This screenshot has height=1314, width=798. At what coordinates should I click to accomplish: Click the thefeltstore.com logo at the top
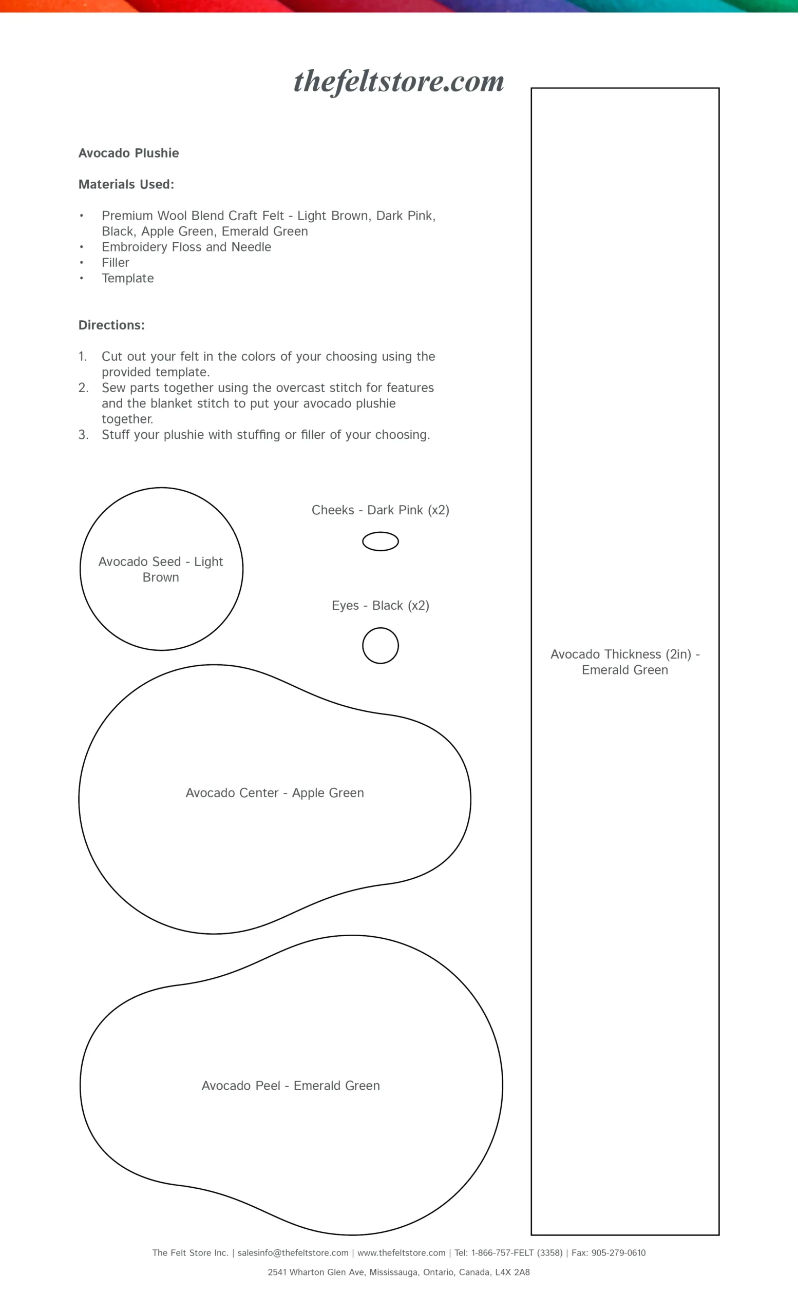pyautogui.click(x=398, y=82)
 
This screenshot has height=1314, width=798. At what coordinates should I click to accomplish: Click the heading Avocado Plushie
pyautogui.click(x=128, y=153)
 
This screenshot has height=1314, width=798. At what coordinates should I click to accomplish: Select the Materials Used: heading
pyautogui.click(x=126, y=184)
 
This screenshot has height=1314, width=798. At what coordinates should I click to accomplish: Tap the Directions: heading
pyautogui.click(x=111, y=325)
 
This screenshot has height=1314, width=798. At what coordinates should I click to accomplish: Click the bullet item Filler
pyautogui.click(x=115, y=263)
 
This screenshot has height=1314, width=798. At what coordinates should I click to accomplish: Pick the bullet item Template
pyautogui.click(x=127, y=278)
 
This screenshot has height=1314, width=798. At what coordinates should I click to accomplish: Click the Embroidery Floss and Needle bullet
pyautogui.click(x=186, y=247)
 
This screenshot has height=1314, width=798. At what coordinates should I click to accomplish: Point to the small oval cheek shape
pyautogui.click(x=381, y=542)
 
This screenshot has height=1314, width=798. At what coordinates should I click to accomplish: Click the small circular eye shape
pyautogui.click(x=381, y=645)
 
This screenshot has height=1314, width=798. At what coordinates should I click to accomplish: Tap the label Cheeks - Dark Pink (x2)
pyautogui.click(x=381, y=510)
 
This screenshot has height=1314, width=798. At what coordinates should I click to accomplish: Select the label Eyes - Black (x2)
pyautogui.click(x=381, y=605)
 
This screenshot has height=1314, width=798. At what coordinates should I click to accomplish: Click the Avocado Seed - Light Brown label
pyautogui.click(x=161, y=569)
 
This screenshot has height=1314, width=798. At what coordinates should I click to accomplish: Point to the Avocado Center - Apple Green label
pyautogui.click(x=275, y=793)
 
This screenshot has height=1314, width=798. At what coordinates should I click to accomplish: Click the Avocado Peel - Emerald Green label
pyautogui.click(x=291, y=1086)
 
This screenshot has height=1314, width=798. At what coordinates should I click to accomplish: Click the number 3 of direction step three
pyautogui.click(x=83, y=435)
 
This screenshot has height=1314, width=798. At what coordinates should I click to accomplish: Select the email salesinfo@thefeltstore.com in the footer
pyautogui.click(x=293, y=1253)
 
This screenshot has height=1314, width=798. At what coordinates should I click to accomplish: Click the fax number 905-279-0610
pyautogui.click(x=618, y=1253)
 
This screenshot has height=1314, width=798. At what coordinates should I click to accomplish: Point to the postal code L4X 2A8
pyautogui.click(x=512, y=1272)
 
